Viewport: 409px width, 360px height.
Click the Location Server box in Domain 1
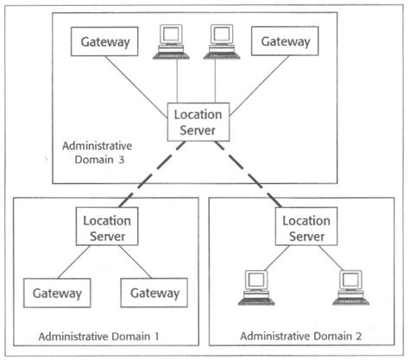click(106, 226)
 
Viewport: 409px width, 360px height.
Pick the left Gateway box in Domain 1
click(57, 294)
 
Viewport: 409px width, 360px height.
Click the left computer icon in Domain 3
click(170, 41)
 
